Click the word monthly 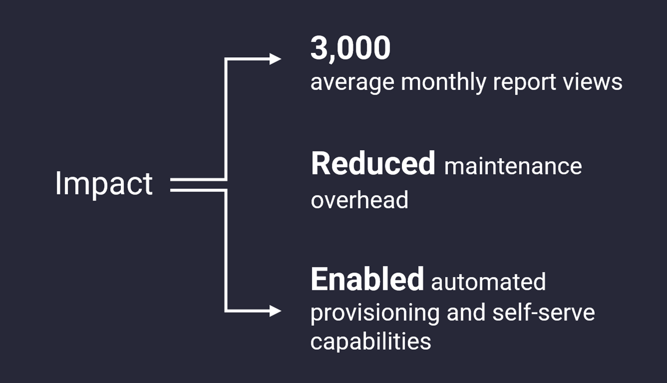point(444,82)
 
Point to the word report point(524,83)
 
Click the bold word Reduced point(373,163)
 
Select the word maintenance point(513,166)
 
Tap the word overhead point(359,199)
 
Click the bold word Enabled point(367,279)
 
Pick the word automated point(488,282)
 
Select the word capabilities point(371,342)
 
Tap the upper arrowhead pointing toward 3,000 point(275,59)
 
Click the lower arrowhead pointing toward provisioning point(275,311)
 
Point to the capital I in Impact point(58,183)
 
